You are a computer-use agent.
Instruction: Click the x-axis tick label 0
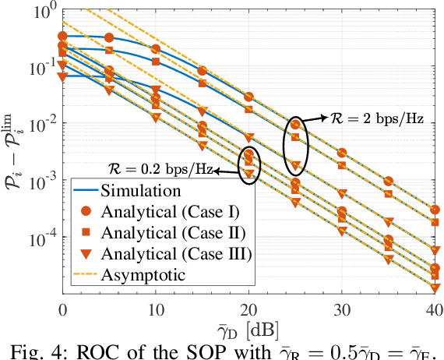coord(62,310)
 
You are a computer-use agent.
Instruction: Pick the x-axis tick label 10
coord(156,310)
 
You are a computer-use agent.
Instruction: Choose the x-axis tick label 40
coord(434,310)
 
